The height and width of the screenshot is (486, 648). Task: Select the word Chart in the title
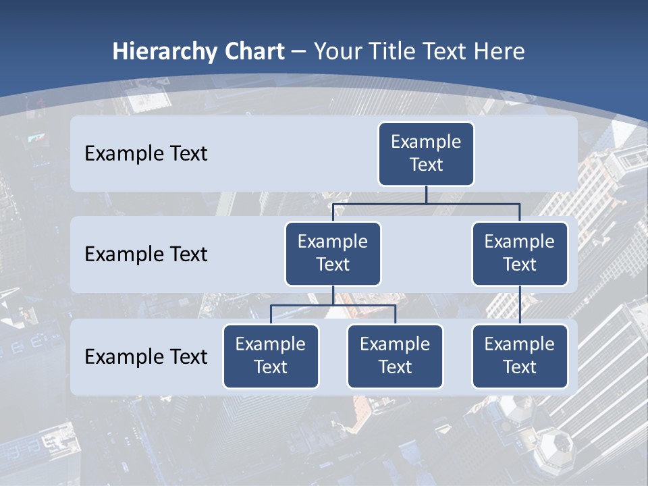click(x=254, y=52)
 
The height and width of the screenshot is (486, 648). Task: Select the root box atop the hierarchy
click(x=426, y=154)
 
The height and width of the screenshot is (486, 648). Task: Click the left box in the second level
click(x=333, y=254)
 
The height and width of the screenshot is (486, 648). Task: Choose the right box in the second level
click(x=520, y=254)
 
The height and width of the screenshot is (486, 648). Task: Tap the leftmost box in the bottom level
click(x=271, y=356)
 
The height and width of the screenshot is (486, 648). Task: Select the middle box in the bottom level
click(x=395, y=356)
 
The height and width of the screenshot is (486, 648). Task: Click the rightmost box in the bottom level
click(x=520, y=356)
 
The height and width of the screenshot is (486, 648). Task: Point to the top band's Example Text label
click(x=146, y=154)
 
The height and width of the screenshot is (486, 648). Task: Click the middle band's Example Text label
click(x=146, y=254)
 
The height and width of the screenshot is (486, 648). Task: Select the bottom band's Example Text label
click(x=146, y=357)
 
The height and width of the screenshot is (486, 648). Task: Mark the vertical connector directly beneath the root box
click(x=426, y=194)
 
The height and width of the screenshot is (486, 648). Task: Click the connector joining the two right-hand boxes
click(x=520, y=305)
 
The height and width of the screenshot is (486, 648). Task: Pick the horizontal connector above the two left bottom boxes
click(x=333, y=305)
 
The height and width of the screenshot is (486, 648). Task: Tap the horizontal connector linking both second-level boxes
click(x=426, y=203)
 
